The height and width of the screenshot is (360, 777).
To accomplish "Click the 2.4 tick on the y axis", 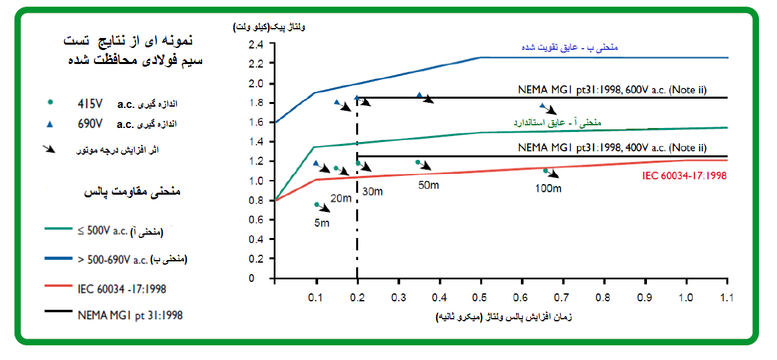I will (x=255, y=45).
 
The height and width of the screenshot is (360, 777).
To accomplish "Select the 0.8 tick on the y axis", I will (x=255, y=201).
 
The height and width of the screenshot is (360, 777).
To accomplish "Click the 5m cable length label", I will (x=322, y=223).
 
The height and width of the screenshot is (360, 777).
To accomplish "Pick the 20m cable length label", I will (x=341, y=198).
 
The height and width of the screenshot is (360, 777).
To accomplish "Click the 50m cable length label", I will (x=428, y=185).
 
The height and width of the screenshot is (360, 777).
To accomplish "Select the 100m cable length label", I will (x=548, y=189).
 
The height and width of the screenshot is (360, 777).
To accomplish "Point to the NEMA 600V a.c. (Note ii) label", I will (x=612, y=89).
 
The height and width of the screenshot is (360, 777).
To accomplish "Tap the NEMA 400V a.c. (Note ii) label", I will (x=612, y=147).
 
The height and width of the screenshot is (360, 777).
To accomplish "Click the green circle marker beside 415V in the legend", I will (x=51, y=103).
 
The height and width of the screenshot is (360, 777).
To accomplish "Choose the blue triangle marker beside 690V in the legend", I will (x=51, y=123).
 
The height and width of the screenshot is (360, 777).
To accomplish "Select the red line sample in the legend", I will (x=62, y=289).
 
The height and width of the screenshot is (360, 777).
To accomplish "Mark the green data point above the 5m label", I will (x=317, y=205).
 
